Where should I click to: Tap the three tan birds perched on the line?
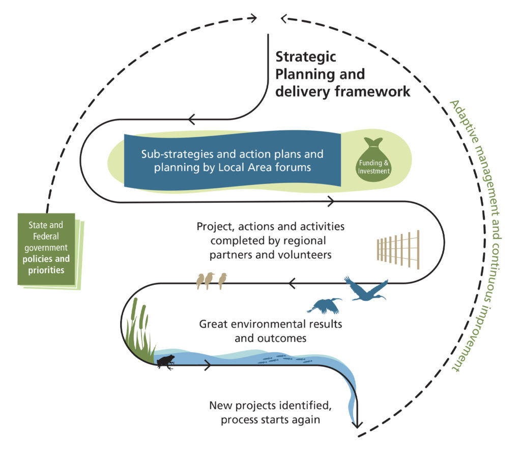click(x=211, y=280)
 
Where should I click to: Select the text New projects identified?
click(x=270, y=406)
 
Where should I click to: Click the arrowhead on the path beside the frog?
click(x=207, y=365)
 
